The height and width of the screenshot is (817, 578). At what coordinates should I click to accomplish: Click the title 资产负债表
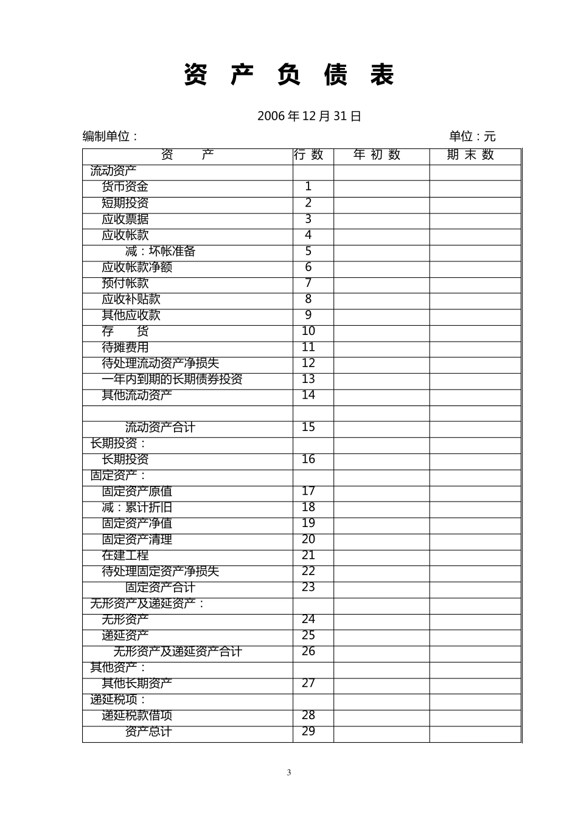tap(289, 75)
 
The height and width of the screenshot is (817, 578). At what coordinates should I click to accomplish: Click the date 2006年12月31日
tap(309, 116)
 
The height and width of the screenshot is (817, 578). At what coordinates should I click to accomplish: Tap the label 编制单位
tap(110, 136)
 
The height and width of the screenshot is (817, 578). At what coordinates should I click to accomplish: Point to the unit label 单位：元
tap(472, 136)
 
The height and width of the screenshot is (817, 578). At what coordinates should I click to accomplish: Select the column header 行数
tap(308, 155)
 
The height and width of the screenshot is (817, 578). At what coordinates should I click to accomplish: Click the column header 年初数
tap(377, 155)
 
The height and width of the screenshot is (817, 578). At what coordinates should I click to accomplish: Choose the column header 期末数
tap(470, 155)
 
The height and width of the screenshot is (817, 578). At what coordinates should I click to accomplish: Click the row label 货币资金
tap(125, 187)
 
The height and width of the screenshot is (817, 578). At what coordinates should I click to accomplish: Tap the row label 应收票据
tap(125, 219)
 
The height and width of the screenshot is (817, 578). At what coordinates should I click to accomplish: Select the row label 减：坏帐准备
tap(160, 251)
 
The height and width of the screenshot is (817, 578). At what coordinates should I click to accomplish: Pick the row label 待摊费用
tap(125, 347)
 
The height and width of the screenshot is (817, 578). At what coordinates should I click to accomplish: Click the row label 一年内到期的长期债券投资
tap(172, 379)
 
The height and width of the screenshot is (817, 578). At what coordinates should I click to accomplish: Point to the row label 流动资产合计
tap(160, 427)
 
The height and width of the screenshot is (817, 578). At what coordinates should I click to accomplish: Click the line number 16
tap(308, 460)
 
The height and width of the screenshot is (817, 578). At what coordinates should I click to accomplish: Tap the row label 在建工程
tap(125, 556)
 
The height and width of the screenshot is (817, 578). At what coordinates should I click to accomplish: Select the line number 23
tap(308, 587)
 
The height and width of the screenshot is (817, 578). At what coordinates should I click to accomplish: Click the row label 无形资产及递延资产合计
tap(178, 652)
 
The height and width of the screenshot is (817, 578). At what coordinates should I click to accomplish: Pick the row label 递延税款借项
tap(137, 715)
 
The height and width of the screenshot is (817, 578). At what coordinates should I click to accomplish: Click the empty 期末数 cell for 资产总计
tap(475, 733)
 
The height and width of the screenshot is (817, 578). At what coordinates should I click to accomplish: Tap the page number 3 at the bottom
tap(289, 773)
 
